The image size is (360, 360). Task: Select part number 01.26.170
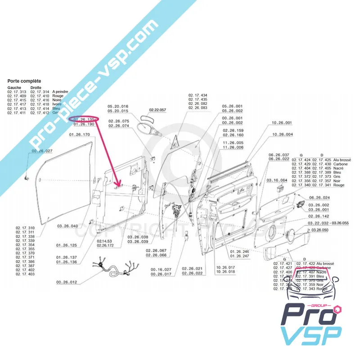tap(80, 135)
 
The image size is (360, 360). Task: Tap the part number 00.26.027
tap(42, 151)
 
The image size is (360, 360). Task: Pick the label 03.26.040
tap(67, 226)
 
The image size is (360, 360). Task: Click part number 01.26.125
tap(67, 245)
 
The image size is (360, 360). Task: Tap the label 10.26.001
tap(282, 123)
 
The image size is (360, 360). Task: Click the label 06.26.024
tap(319, 198)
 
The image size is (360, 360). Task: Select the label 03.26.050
tap(319, 229)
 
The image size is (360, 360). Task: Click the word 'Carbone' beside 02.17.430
tap(340, 164)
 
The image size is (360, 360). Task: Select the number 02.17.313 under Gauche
tap(17, 91)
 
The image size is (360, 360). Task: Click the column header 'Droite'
tap(36, 87)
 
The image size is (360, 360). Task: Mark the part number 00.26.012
tap(67, 283)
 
